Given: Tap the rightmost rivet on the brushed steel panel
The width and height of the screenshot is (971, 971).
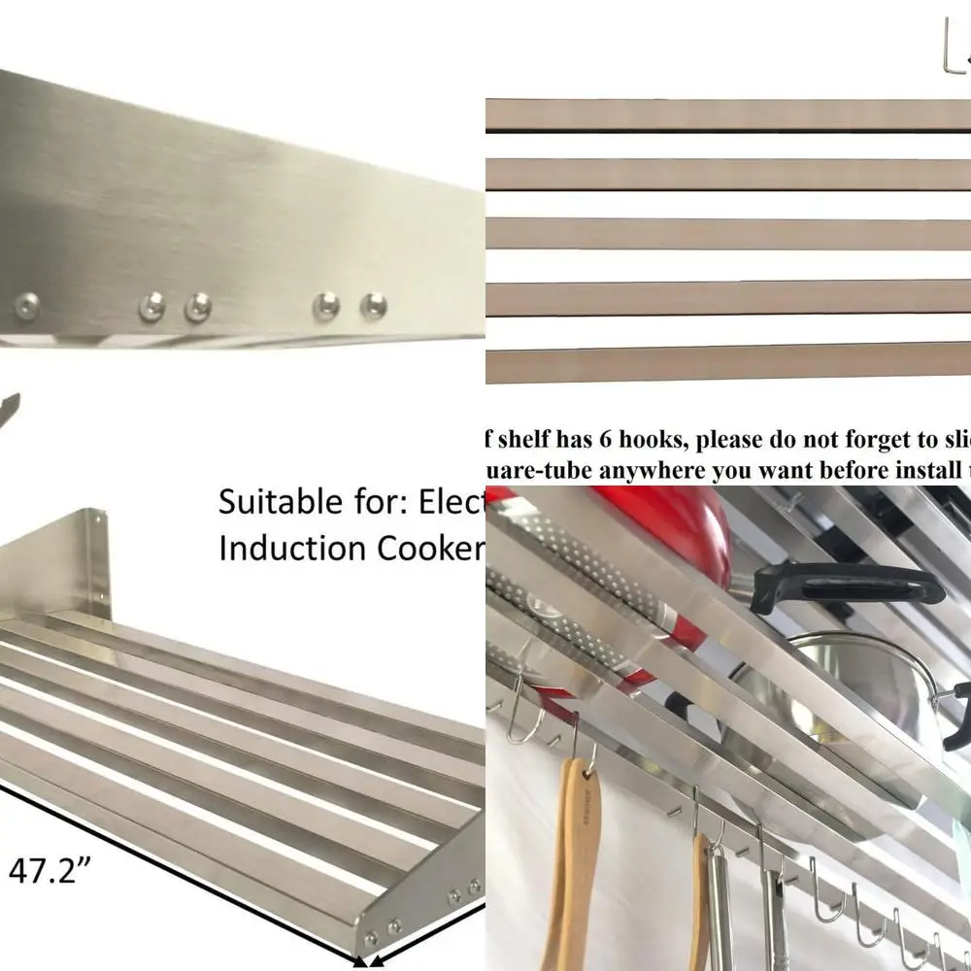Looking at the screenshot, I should (x=373, y=307).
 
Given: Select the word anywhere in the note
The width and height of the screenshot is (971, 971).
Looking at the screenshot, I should (x=649, y=470).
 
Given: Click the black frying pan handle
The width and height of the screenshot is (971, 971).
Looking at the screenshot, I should (x=845, y=584).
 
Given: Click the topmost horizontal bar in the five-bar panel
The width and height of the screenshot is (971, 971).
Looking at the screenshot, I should (x=728, y=115).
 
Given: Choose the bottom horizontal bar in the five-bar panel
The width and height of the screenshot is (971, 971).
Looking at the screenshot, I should (x=728, y=362).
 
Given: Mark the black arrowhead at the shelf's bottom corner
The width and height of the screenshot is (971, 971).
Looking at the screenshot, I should (x=362, y=962).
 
